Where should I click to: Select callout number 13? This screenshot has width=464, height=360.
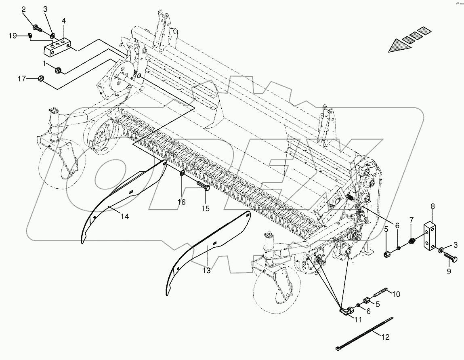pos(206,270)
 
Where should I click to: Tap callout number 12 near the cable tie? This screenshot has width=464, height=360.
pos(385,337)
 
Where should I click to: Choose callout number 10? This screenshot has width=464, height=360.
pos(396,294)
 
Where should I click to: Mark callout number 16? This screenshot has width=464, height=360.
pos(181,202)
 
